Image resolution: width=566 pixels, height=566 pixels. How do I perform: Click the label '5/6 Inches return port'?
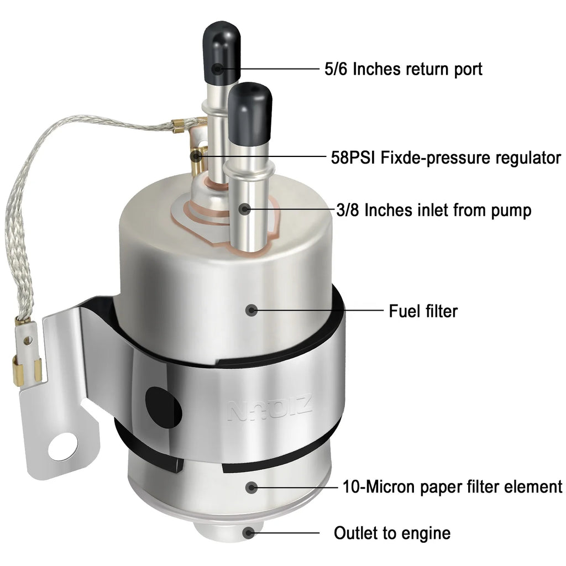pyautogui.click(x=403, y=69)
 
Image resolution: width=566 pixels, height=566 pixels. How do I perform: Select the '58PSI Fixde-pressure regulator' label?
pyautogui.click(x=446, y=158)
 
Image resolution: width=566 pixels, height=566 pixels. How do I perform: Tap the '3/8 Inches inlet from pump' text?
pyautogui.click(x=433, y=210)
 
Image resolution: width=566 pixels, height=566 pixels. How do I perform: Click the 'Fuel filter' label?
pyautogui.click(x=423, y=311)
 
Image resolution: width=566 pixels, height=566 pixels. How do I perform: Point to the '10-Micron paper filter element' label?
pyautogui.click(x=452, y=486)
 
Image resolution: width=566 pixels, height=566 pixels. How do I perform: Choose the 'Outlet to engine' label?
pyautogui.click(x=392, y=533)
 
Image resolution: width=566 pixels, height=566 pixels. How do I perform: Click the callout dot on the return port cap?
pyautogui.click(x=217, y=69)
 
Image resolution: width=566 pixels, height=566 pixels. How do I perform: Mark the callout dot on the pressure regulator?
pyautogui.click(x=196, y=156)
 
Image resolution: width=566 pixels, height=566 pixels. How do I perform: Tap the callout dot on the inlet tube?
pyautogui.click(x=245, y=209)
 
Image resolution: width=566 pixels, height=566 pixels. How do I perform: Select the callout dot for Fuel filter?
pyautogui.click(x=251, y=310)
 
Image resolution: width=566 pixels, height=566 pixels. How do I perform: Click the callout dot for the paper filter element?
pyautogui.click(x=251, y=488)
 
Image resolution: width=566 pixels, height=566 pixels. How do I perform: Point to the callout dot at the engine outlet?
pyautogui.click(x=248, y=533)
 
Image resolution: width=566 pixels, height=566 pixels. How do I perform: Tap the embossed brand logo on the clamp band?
pyautogui.click(x=269, y=408)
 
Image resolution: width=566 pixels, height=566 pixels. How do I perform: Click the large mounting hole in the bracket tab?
pyautogui.click(x=64, y=447)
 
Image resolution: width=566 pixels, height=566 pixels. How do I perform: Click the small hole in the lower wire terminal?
pyautogui.click(x=28, y=340)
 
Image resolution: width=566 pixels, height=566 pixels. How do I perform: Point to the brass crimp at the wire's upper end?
pyautogui.click(x=179, y=125)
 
